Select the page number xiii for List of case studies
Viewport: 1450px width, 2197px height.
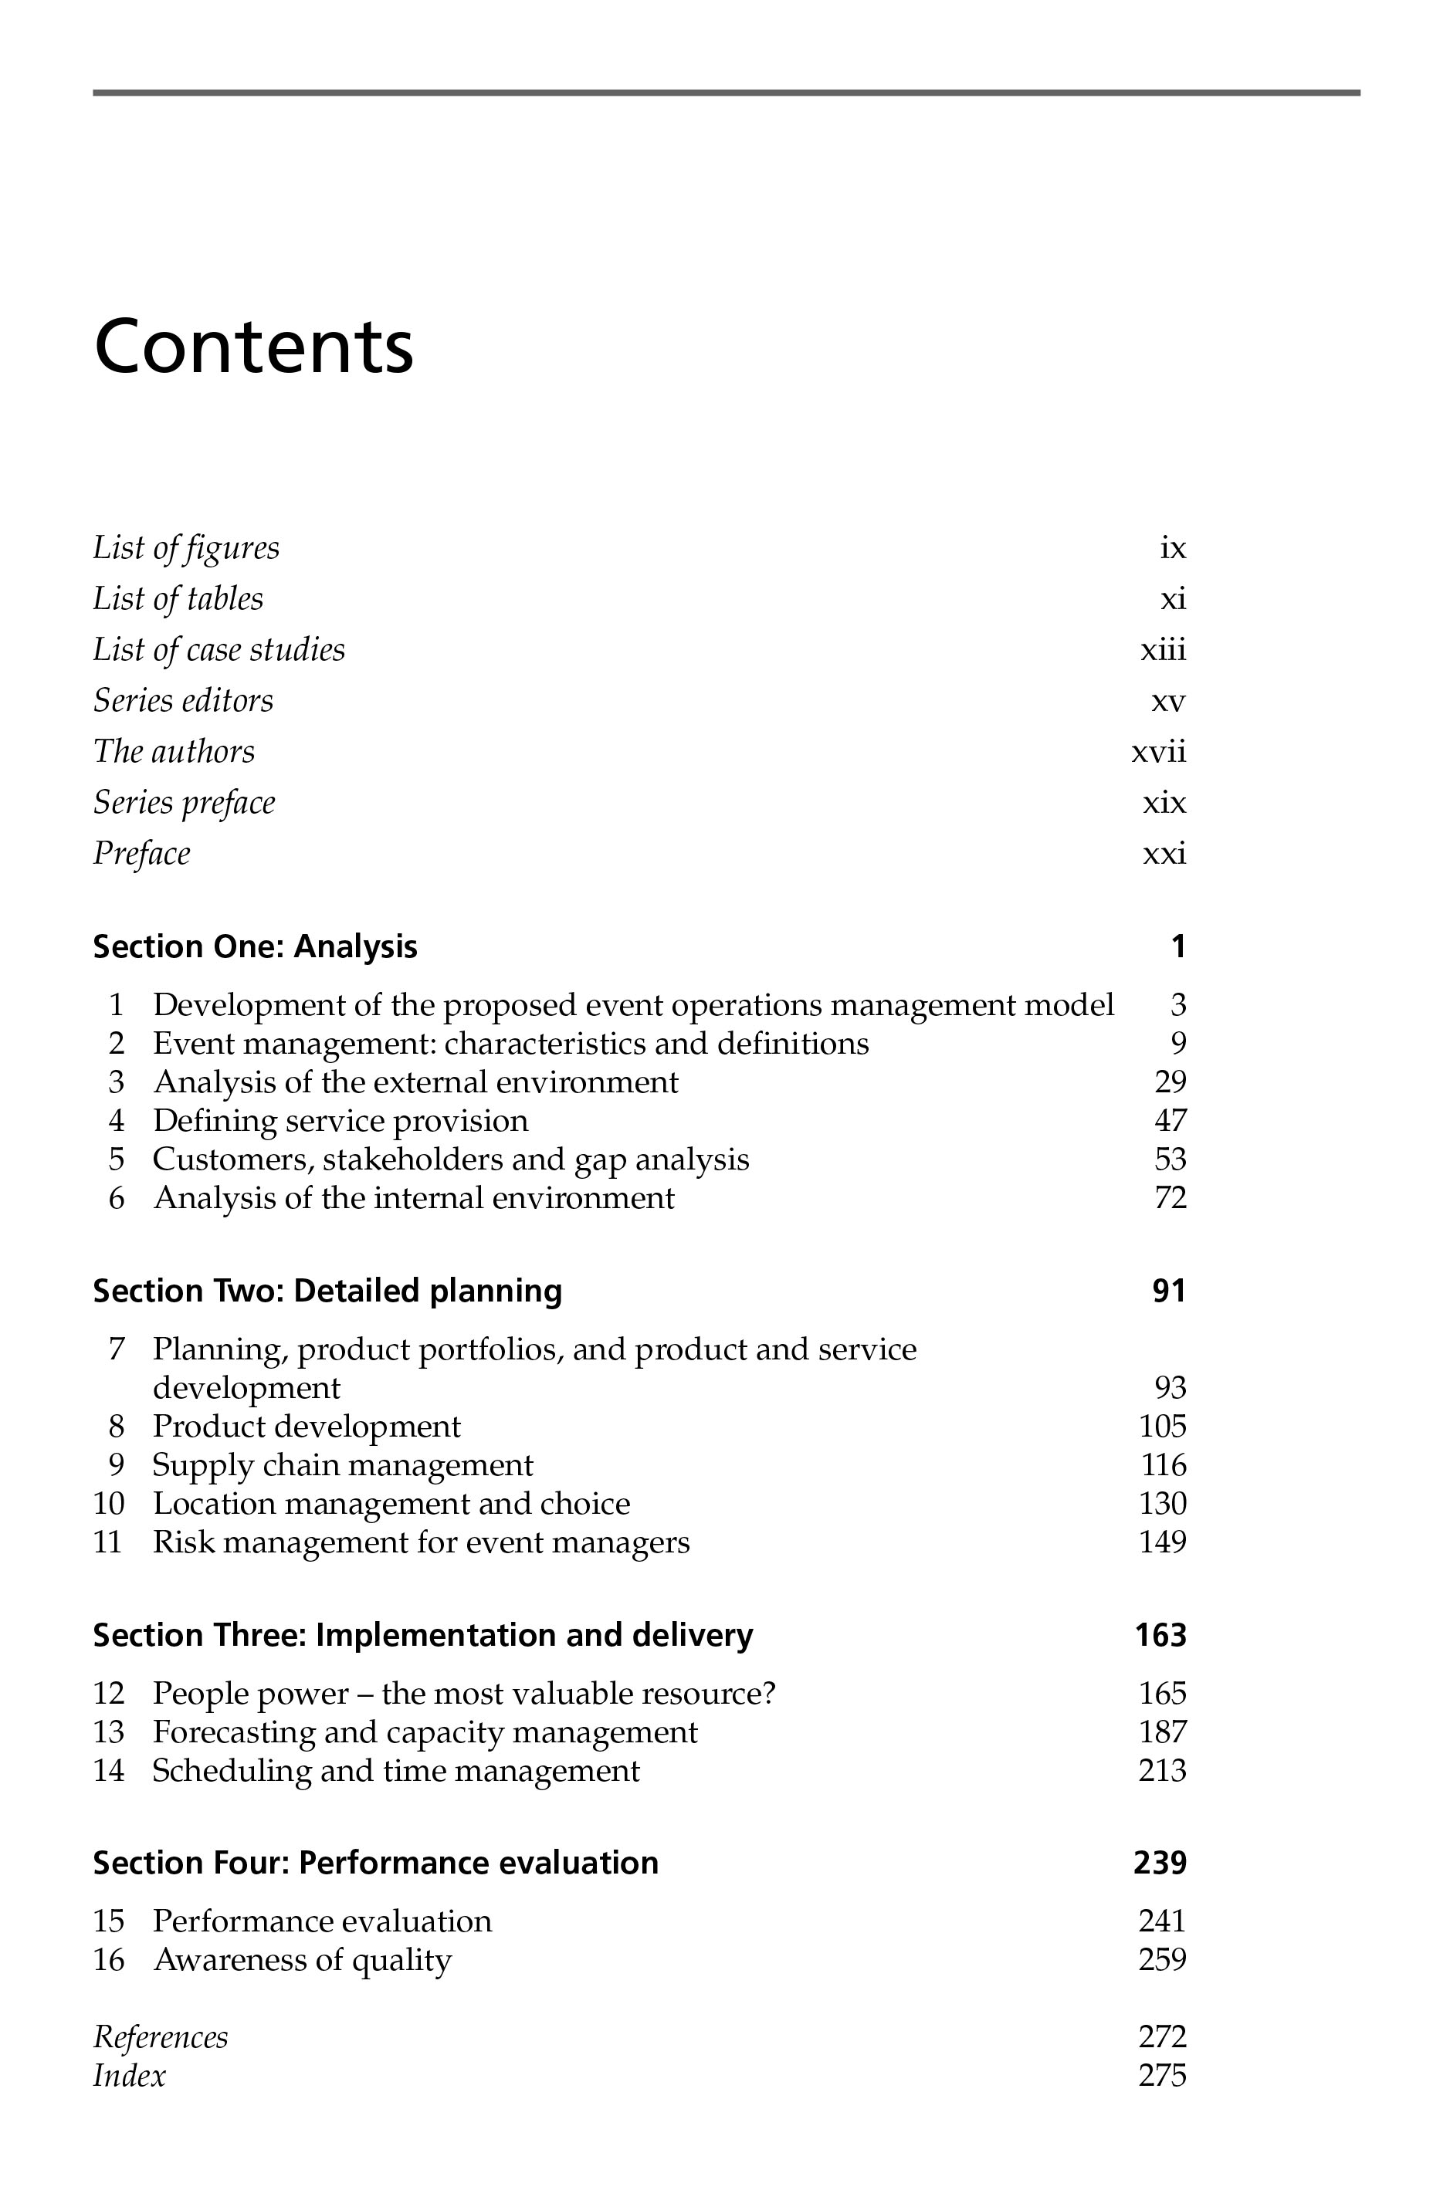(x=1163, y=650)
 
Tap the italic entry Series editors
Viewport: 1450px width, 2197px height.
(x=183, y=701)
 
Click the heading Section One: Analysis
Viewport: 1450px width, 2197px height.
(x=256, y=947)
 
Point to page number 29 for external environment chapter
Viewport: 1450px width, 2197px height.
(x=1170, y=1082)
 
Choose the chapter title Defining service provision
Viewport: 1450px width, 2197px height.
(x=340, y=1121)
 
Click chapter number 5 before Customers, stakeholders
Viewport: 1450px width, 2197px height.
(x=117, y=1159)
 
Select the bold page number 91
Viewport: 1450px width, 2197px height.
(x=1169, y=1291)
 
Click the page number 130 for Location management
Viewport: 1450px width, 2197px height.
(x=1163, y=1504)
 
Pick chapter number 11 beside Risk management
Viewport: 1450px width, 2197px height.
(x=108, y=1542)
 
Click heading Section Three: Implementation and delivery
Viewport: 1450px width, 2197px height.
(x=422, y=1636)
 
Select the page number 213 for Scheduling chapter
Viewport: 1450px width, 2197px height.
(x=1163, y=1771)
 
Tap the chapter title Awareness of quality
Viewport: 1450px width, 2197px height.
(x=303, y=1959)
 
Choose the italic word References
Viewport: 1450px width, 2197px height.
(x=160, y=2037)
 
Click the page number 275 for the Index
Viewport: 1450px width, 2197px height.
(x=1163, y=2076)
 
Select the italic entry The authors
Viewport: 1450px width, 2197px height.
(x=174, y=752)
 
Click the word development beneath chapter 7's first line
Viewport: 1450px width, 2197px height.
(x=246, y=1388)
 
